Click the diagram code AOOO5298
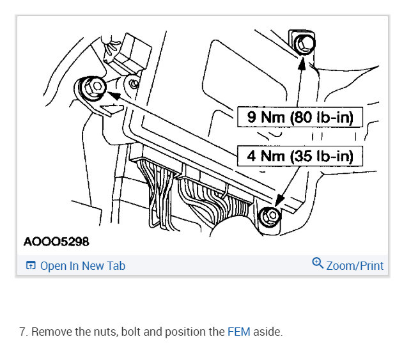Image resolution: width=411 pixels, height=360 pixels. pyautogui.click(x=56, y=242)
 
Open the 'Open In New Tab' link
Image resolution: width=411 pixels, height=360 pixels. pyautogui.click(x=82, y=266)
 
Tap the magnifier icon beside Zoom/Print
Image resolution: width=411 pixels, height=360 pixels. pyautogui.click(x=318, y=264)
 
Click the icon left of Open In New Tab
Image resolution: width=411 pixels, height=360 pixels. pyautogui.click(x=30, y=266)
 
